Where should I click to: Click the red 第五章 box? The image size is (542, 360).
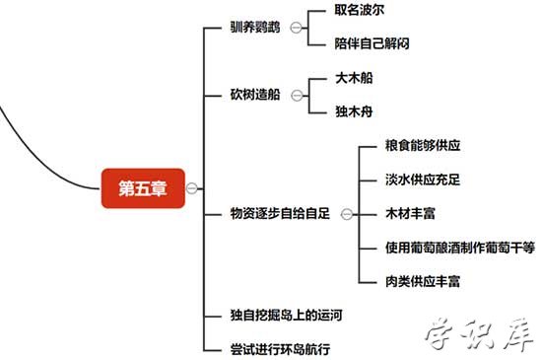(x=143, y=188)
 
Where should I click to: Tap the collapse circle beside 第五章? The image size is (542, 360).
(x=192, y=188)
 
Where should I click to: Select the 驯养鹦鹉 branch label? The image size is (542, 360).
(x=255, y=28)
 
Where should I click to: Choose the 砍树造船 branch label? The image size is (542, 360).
(x=255, y=95)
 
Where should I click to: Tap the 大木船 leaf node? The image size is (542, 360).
(x=355, y=77)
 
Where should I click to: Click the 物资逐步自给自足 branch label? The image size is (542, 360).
(x=279, y=213)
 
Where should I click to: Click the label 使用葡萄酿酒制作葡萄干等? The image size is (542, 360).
(x=460, y=248)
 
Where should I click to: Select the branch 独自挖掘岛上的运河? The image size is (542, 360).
(x=287, y=316)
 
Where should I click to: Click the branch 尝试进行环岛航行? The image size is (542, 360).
(x=279, y=348)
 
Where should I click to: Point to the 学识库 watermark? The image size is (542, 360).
(x=477, y=336)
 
